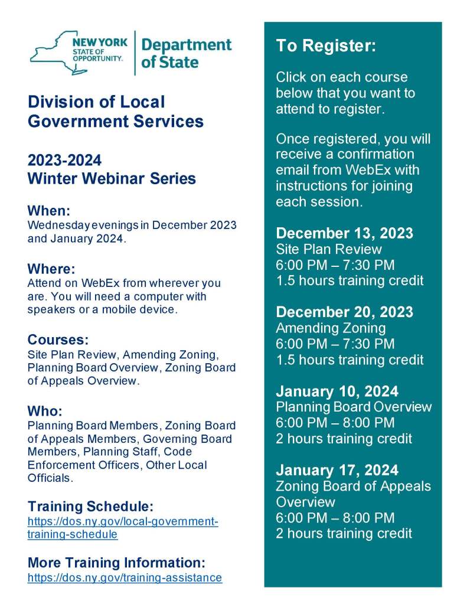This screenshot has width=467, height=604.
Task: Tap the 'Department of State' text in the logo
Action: pyautogui.click(x=186, y=53)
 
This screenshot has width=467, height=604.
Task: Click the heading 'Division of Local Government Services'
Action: pyautogui.click(x=116, y=111)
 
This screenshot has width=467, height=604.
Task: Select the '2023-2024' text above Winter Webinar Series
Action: pyautogui.click(x=64, y=160)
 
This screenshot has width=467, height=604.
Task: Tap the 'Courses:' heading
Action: pyautogui.click(x=58, y=340)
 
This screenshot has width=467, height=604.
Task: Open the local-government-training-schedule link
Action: pyautogui.click(x=123, y=528)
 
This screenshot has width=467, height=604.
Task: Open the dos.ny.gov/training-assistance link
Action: pyautogui.click(x=125, y=577)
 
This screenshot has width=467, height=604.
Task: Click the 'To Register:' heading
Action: pyautogui.click(x=325, y=47)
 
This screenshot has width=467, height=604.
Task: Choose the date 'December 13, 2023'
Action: pyautogui.click(x=344, y=233)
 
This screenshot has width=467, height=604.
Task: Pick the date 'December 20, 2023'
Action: pyautogui.click(x=344, y=312)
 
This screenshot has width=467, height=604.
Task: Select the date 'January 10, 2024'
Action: pyautogui.click(x=337, y=391)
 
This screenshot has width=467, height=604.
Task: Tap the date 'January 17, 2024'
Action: pyautogui.click(x=337, y=470)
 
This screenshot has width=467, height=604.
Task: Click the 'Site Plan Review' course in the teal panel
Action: pyautogui.click(x=328, y=249)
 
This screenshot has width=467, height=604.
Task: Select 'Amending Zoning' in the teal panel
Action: pyautogui.click(x=331, y=328)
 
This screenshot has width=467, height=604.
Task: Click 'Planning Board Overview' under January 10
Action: pyautogui.click(x=353, y=407)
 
